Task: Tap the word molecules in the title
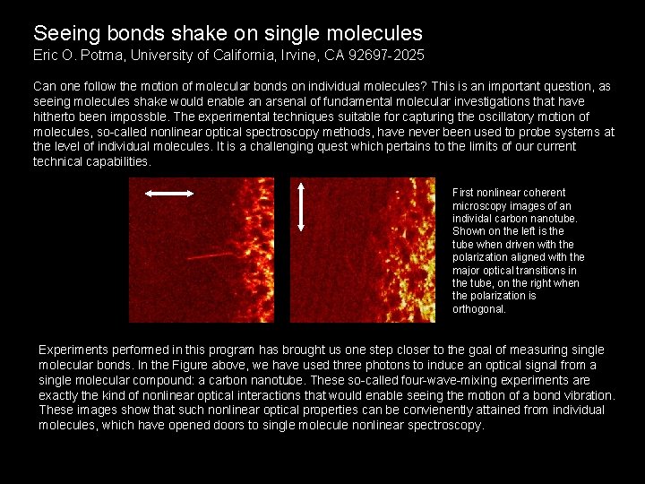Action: pos(375,34)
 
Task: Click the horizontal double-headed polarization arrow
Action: pos(169,192)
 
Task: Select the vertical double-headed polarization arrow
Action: pos(301,209)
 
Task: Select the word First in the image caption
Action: pos(464,193)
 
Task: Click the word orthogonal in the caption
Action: pos(478,309)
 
